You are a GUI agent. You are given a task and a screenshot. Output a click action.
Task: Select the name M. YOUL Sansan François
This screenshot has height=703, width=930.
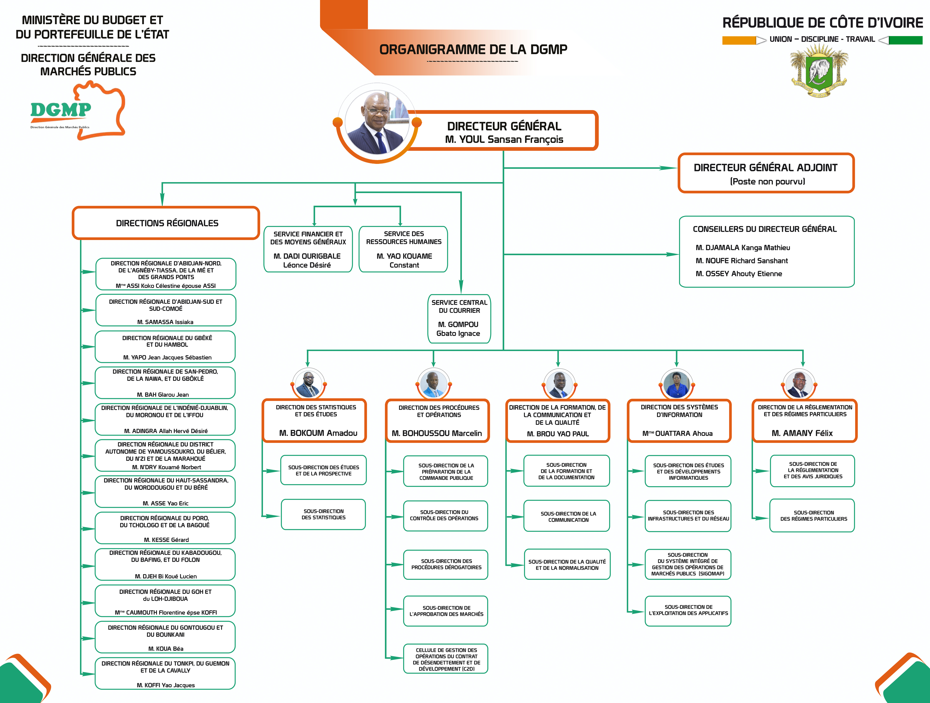504,140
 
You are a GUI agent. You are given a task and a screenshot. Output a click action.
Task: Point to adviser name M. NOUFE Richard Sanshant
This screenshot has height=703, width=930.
742,261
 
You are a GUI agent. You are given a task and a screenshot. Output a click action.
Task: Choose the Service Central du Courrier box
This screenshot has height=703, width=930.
459,319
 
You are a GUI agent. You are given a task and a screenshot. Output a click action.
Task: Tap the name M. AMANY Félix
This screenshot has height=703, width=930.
802,433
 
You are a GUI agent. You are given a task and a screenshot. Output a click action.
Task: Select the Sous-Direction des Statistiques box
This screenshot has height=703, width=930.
323,514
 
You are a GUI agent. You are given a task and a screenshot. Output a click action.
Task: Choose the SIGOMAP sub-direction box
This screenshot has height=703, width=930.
688,564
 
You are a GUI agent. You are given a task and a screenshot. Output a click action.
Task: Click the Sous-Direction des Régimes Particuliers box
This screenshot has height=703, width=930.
812,516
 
